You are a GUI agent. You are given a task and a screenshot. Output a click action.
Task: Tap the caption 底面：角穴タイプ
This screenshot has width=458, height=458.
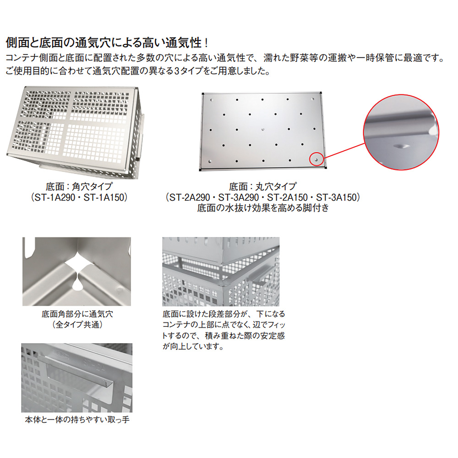79,187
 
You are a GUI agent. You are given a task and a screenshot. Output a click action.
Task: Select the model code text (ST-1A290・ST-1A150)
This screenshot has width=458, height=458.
79,197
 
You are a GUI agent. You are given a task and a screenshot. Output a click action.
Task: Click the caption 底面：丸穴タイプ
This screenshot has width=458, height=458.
263,187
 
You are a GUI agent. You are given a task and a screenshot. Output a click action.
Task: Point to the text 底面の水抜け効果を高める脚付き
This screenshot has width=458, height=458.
263,208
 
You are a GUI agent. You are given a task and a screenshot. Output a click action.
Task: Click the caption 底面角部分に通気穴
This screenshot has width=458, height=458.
77,314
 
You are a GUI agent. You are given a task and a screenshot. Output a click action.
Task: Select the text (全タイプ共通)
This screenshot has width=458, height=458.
77,324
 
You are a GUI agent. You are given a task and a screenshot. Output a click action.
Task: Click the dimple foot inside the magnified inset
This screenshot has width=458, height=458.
400,145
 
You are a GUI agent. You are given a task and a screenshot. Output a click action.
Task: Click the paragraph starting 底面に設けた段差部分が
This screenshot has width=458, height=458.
224,330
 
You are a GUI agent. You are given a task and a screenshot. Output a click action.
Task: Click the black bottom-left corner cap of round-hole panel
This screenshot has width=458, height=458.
203,170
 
